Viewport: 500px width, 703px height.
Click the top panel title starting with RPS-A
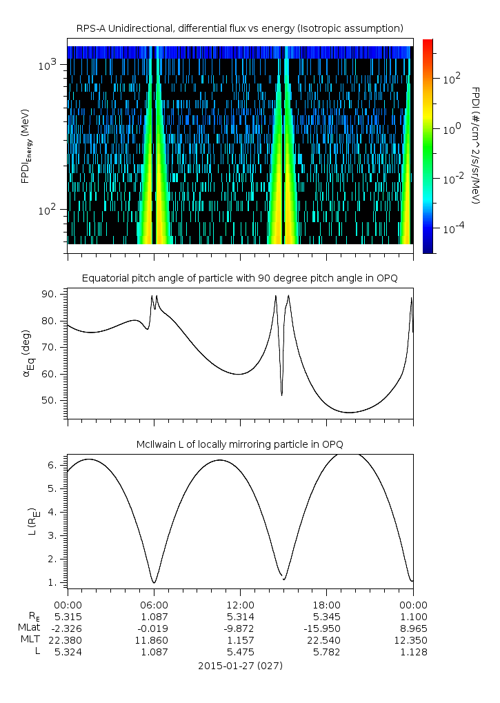tap(239, 28)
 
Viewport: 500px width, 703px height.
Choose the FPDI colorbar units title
tap(476, 145)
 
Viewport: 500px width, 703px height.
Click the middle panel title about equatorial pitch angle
tap(239, 278)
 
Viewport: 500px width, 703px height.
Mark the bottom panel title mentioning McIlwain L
tap(239, 443)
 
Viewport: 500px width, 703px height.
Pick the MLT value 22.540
tap(327, 640)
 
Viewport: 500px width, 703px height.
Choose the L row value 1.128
tap(413, 651)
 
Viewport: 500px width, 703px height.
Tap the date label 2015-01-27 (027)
tap(239, 666)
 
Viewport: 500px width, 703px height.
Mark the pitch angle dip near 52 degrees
tap(282, 395)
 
